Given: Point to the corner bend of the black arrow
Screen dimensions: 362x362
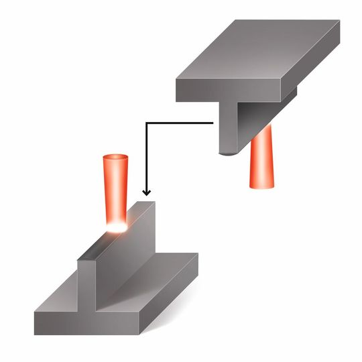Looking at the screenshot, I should [x=147, y=123].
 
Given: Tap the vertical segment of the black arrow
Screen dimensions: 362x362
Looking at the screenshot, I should [x=146, y=158].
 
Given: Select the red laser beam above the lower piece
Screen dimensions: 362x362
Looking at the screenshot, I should [x=115, y=191].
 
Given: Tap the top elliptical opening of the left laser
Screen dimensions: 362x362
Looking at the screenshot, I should [x=115, y=159].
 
